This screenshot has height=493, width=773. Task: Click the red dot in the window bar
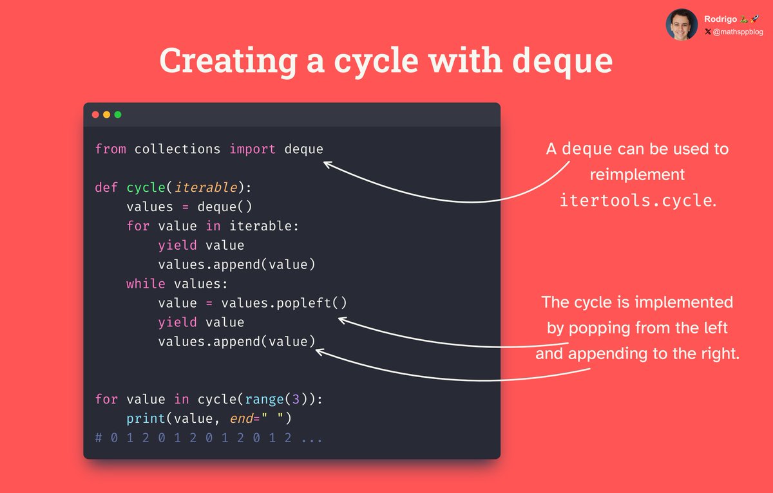click(x=95, y=115)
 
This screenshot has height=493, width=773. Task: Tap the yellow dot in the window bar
click(x=106, y=115)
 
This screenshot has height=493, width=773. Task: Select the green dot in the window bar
click(x=117, y=115)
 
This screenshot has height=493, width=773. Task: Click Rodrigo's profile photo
click(x=681, y=24)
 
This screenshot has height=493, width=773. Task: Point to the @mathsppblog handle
click(x=736, y=31)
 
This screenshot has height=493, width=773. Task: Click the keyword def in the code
click(x=107, y=187)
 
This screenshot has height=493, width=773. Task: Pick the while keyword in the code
click(x=146, y=284)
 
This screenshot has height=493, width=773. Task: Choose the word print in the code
click(x=146, y=418)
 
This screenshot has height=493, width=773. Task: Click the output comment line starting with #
click(x=209, y=438)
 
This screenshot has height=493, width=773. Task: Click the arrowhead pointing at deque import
click(x=327, y=165)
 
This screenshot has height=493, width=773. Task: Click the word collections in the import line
click(x=177, y=149)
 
